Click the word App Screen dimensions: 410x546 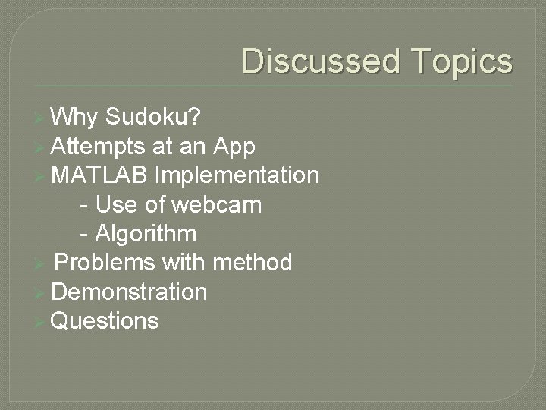235,146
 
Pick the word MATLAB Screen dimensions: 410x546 100,175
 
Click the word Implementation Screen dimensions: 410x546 237,175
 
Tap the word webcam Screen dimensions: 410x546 217,204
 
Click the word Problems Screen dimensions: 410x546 105,263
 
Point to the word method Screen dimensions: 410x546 253,263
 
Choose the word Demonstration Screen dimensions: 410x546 129,292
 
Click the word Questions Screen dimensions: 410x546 105,320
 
